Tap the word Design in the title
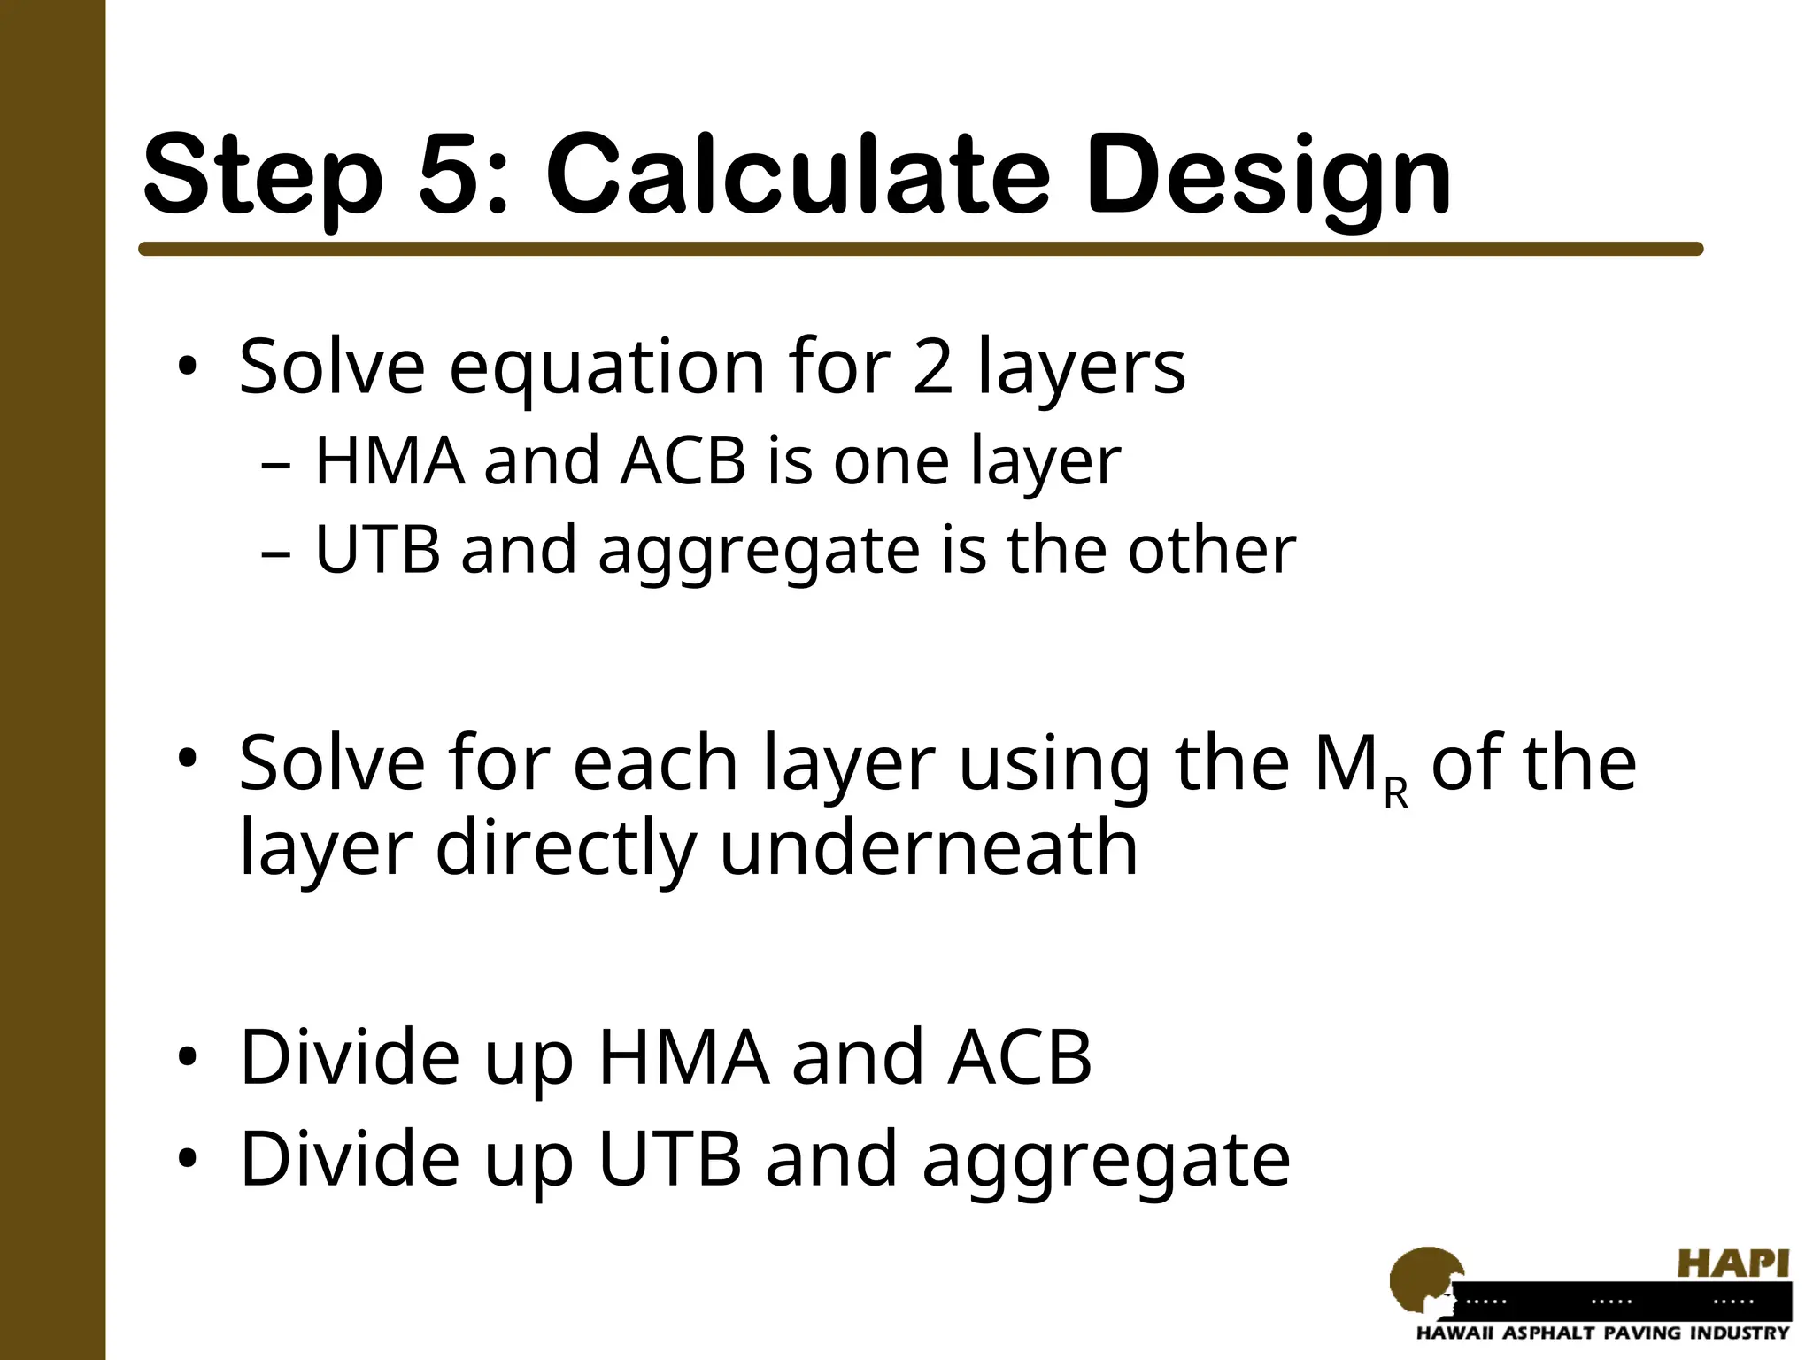click(1268, 177)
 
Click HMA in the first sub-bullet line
click(390, 461)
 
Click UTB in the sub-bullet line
click(377, 550)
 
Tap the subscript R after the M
click(1395, 793)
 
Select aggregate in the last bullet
click(1106, 1160)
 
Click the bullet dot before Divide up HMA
click(188, 1058)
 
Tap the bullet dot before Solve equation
click(188, 367)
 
